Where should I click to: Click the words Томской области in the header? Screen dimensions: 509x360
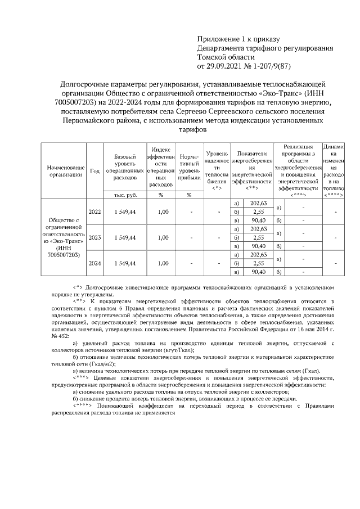coord(226,57)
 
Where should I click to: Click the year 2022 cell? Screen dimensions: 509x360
coord(94,211)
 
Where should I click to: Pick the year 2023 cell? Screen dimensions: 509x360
coord(94,237)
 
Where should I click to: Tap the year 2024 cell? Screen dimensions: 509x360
coord(94,263)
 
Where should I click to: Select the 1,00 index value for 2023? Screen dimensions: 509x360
coord(163,237)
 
